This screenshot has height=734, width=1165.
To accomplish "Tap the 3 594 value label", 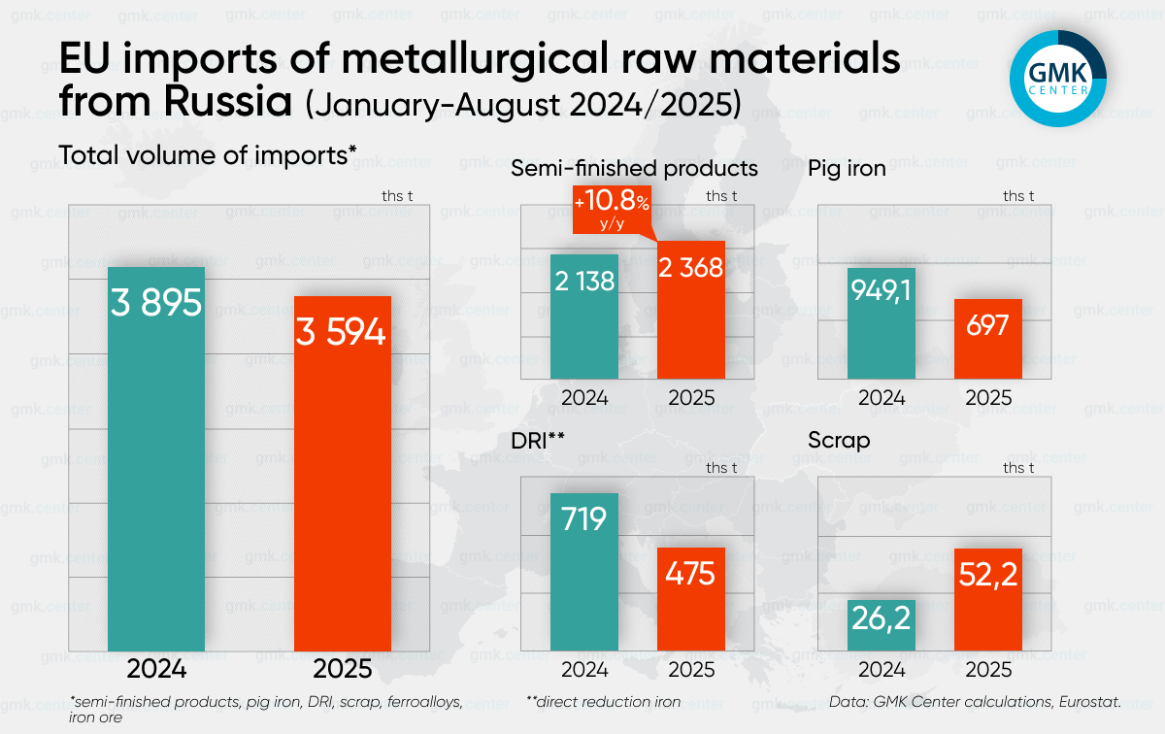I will coord(342,333).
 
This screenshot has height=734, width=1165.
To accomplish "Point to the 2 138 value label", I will coord(584,281).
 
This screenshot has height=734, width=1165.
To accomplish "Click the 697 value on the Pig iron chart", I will coord(987,324).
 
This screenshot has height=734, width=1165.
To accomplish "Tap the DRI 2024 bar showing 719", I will coord(584,571).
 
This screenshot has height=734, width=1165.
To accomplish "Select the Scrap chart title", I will coord(839,440).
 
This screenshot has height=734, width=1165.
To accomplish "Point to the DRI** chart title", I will coord(538,440).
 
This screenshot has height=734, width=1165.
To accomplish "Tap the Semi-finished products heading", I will coord(634,168).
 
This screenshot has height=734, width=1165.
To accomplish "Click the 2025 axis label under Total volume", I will coord(342,670).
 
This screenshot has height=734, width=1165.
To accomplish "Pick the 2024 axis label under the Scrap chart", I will coord(882,670).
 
